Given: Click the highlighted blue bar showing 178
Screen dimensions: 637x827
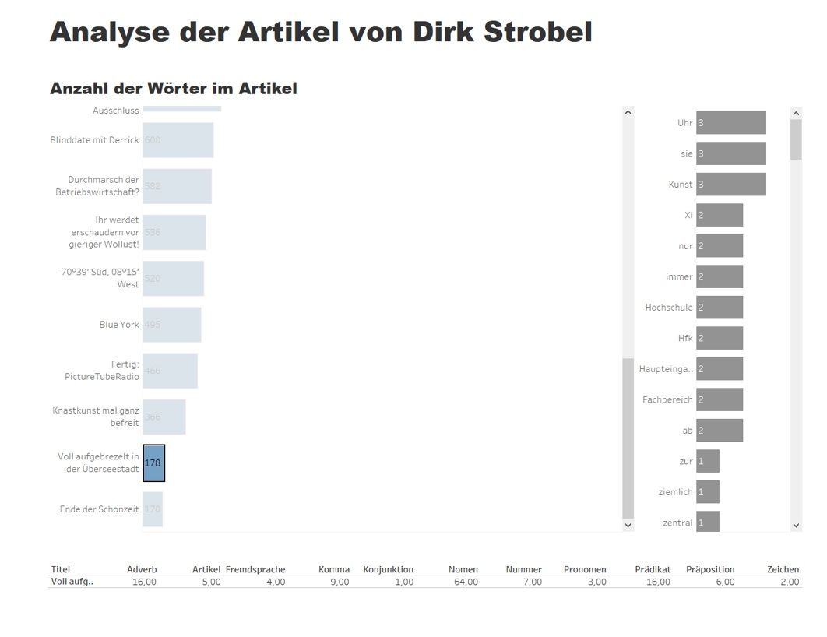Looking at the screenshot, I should (x=153, y=463).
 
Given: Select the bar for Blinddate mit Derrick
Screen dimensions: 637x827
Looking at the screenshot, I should (x=178, y=140).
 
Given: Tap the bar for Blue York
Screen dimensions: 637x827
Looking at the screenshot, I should (x=171, y=325).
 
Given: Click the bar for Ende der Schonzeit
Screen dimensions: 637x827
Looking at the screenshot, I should (x=153, y=509).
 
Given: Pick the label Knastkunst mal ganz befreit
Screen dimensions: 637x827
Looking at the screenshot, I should (x=96, y=417).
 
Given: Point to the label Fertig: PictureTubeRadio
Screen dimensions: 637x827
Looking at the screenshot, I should (x=102, y=371).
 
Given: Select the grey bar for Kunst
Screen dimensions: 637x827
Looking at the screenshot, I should (x=730, y=185).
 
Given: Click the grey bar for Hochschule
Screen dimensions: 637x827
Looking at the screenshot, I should (x=719, y=308).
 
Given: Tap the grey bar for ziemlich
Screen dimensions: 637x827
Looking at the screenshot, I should (x=707, y=492).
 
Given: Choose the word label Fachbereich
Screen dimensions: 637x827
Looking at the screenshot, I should (x=667, y=400).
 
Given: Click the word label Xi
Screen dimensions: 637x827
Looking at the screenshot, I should (x=688, y=215).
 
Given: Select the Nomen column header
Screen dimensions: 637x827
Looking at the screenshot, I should (x=463, y=569).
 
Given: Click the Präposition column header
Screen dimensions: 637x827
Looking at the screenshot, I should (x=709, y=569).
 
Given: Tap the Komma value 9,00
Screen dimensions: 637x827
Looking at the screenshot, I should (x=339, y=582).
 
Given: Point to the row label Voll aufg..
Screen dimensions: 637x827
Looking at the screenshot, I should (x=72, y=582).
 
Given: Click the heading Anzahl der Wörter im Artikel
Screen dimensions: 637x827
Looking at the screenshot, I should (x=174, y=89).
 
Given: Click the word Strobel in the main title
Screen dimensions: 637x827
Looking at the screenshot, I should (x=537, y=33).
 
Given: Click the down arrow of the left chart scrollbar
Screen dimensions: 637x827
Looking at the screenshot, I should (x=628, y=526).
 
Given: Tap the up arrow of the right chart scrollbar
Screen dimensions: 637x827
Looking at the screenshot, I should (x=796, y=114).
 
